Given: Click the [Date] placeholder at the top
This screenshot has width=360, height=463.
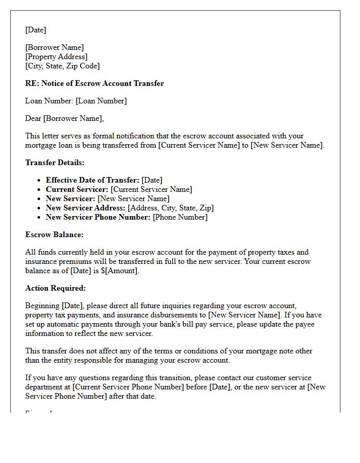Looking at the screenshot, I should (35, 30).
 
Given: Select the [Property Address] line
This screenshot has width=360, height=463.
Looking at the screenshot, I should (57, 57).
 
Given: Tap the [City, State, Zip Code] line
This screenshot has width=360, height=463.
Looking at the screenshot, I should (62, 66).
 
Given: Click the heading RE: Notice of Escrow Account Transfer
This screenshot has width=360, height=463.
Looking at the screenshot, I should (95, 83).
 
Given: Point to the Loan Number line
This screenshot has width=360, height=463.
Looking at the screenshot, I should (76, 101).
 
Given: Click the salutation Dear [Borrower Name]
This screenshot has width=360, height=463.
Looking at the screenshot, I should (64, 118).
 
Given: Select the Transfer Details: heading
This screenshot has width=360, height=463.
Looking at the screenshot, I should (55, 163).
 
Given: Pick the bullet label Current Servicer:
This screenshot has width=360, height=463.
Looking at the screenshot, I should (77, 189).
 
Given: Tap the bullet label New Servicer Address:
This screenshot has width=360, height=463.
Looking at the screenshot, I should (85, 208).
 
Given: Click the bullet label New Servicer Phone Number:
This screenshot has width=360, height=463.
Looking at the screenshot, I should (98, 217).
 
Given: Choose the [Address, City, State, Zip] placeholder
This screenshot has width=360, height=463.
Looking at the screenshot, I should (171, 208).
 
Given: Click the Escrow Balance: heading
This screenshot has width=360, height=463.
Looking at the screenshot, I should (54, 235).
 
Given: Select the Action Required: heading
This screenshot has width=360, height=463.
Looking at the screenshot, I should (56, 288).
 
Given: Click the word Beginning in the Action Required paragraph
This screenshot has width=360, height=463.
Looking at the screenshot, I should (42, 306).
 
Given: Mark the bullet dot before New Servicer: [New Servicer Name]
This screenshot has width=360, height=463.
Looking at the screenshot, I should (40, 199).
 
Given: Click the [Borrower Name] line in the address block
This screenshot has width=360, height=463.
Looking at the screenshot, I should (55, 47).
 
